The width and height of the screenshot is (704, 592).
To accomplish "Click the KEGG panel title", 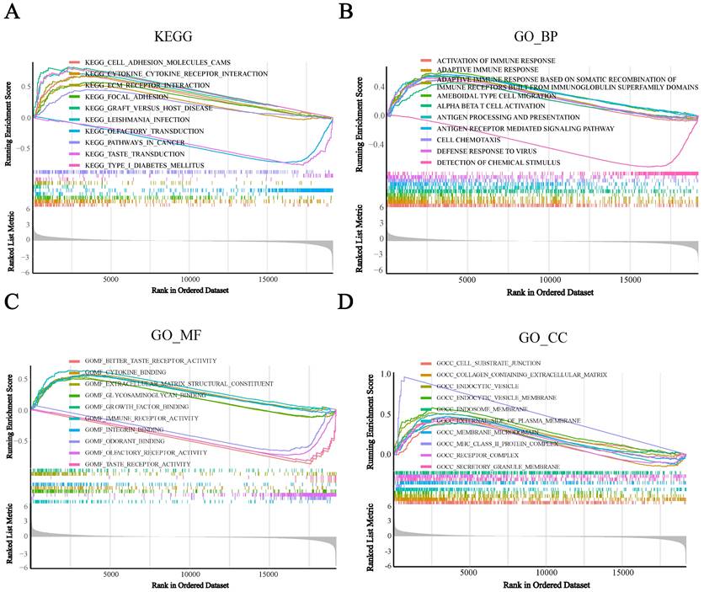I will point(173,38).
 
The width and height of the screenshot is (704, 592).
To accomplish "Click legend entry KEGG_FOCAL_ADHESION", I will point(131,97).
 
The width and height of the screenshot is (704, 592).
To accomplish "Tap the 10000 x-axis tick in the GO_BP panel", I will point(549,279).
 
